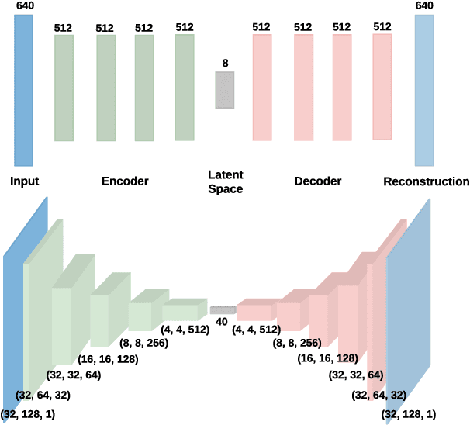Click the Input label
(x=25, y=182)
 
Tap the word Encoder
(x=125, y=182)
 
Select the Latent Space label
(x=225, y=182)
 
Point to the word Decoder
(x=318, y=182)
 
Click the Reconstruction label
(x=426, y=182)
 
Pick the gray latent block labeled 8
(x=225, y=90)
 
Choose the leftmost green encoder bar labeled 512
(x=64, y=88)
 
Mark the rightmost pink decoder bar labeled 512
(x=382, y=87)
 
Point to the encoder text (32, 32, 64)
(x=74, y=376)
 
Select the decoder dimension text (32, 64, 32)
(x=378, y=396)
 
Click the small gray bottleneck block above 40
(x=223, y=309)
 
